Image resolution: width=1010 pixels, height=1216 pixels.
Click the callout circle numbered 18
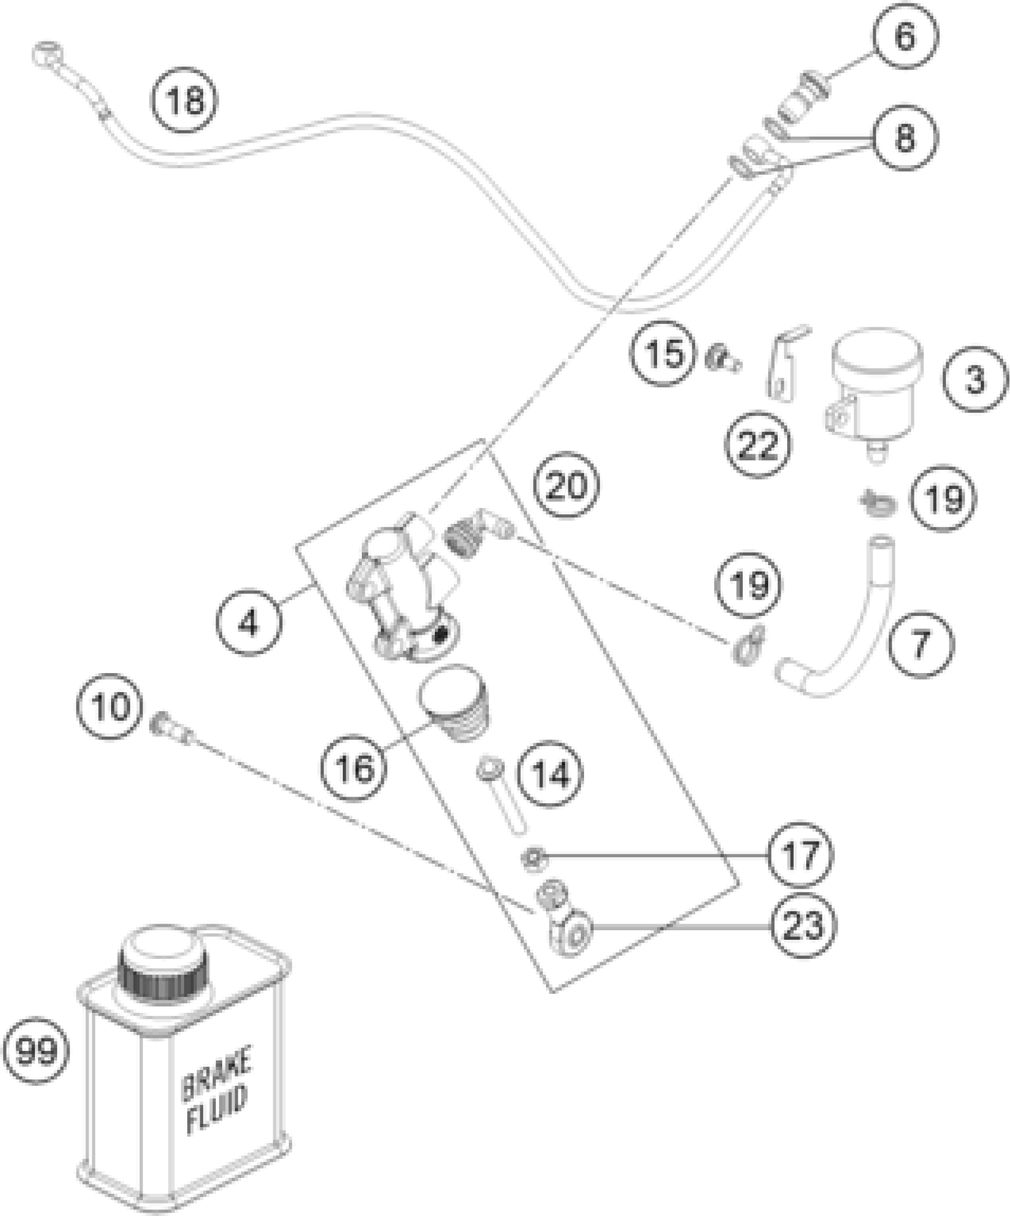pos(185,100)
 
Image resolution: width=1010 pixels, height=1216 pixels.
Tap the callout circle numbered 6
pos(904,37)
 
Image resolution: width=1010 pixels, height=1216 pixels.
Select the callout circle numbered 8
pos(904,138)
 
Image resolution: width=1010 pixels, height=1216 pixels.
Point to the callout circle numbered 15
pos(665,355)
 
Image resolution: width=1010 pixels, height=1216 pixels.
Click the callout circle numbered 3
pos(975,379)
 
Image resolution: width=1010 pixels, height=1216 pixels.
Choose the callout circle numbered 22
pos(758,444)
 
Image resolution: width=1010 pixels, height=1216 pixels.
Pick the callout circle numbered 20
pos(566,485)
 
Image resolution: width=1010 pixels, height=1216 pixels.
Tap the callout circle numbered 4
pos(249,624)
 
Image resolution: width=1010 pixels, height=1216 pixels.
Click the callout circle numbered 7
pos(920,645)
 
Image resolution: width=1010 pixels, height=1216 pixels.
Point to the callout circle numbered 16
pos(355,767)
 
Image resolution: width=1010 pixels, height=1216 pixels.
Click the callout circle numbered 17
pos(800,855)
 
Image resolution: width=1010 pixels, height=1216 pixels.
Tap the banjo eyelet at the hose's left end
pos(45,55)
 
